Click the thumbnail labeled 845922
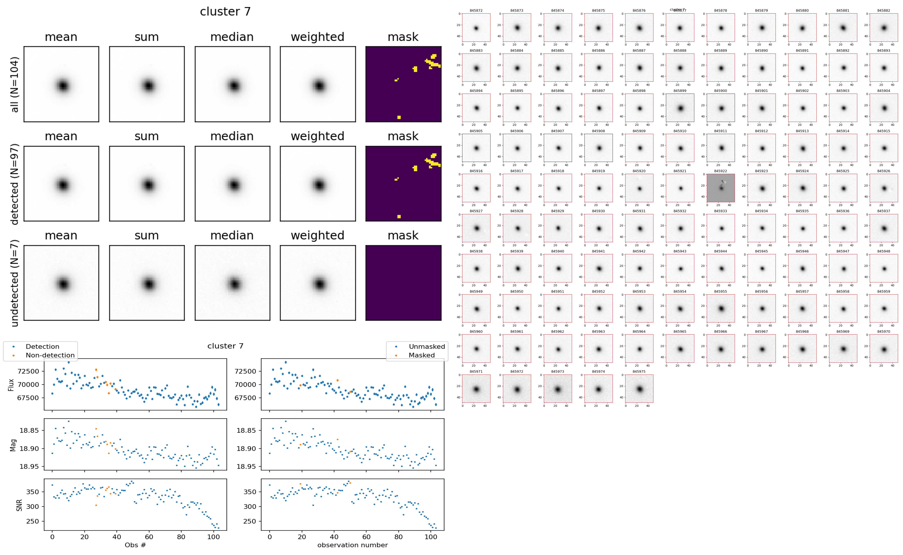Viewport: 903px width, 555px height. tap(721, 188)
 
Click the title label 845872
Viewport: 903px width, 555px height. tap(476, 11)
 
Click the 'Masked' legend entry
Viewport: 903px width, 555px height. tap(421, 355)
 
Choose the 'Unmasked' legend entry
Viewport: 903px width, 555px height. tap(426, 346)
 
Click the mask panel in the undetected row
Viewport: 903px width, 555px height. tap(403, 283)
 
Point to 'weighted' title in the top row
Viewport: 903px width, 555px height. tap(317, 37)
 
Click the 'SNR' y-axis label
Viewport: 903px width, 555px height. tap(19, 505)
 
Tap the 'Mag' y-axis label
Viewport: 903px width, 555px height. tap(13, 445)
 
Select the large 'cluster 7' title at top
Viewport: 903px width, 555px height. tap(225, 12)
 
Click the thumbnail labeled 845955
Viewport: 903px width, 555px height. tap(721, 308)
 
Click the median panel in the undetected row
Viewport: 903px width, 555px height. tap(232, 283)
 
